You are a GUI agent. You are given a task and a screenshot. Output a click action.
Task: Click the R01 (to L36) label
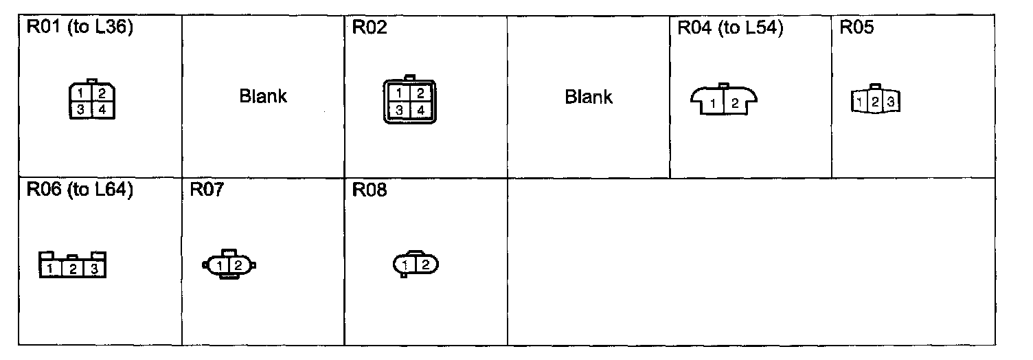tap(79, 30)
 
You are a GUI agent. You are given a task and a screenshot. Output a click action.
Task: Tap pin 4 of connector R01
tap(100, 110)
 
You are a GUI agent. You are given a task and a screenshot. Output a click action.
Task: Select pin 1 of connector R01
tap(81, 93)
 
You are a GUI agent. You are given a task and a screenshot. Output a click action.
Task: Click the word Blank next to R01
tap(263, 96)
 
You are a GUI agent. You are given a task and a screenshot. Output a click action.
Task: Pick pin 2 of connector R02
tap(420, 93)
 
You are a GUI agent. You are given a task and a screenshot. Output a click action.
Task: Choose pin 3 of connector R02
tap(400, 110)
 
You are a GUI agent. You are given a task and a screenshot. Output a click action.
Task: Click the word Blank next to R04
tap(589, 97)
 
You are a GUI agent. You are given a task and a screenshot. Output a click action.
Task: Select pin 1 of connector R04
tap(714, 104)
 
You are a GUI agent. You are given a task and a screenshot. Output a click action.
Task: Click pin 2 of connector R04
tap(734, 104)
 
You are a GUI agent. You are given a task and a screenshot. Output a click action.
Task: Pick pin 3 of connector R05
tap(890, 102)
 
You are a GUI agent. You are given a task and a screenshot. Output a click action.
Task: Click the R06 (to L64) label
tap(79, 190)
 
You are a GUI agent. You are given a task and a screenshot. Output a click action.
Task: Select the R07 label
tap(207, 190)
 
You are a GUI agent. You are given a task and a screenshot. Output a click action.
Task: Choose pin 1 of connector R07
tap(218, 265)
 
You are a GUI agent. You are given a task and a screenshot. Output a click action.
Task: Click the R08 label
tap(370, 190)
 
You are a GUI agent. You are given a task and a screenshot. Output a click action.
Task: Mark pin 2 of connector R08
tap(425, 265)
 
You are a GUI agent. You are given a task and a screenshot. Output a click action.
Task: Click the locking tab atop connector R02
tap(410, 78)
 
